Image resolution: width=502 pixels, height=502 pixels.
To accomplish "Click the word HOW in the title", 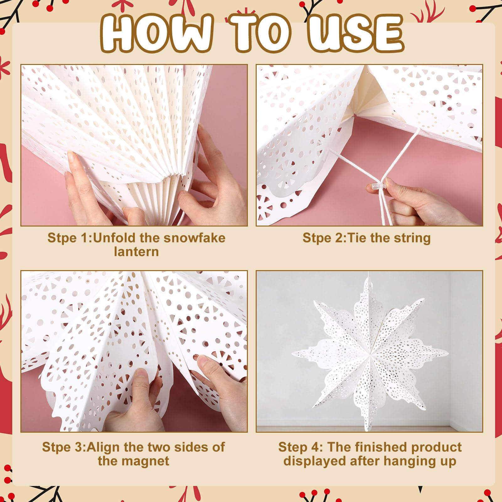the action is (157, 32).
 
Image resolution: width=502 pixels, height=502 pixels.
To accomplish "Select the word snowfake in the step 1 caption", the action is (195, 238).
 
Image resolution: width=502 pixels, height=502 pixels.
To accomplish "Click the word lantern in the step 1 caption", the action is (136, 252).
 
